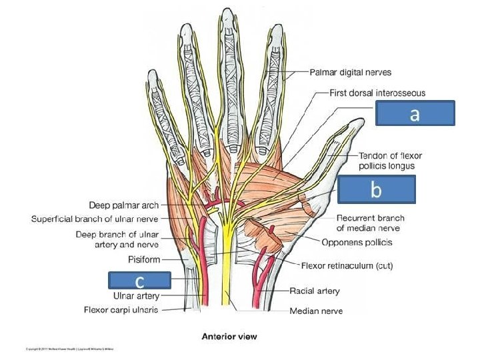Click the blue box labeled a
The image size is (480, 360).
point(415,113)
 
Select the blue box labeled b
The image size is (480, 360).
point(376,189)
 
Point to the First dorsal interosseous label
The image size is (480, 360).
point(377,93)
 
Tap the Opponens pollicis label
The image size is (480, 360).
point(356,242)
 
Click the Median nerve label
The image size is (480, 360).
point(316,311)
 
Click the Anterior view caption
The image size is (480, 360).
point(229,337)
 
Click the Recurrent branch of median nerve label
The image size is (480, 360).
point(370,223)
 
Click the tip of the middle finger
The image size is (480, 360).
point(229,11)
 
